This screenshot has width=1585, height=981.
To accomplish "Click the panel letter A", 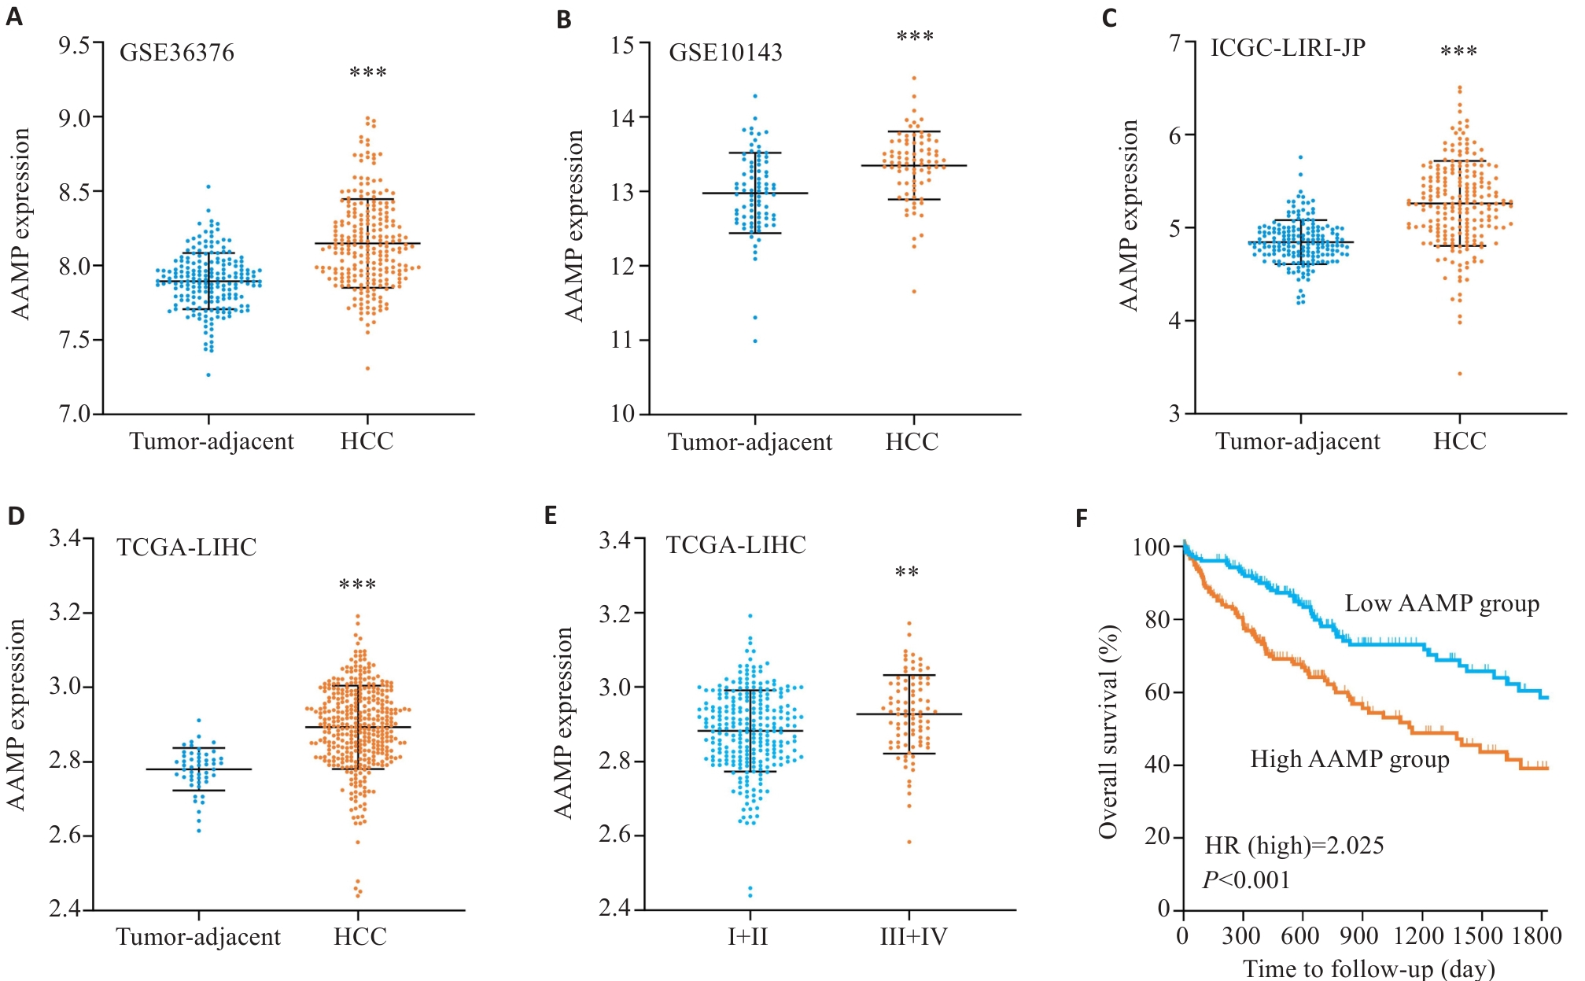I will (14, 17).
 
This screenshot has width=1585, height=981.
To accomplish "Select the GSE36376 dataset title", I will (177, 53).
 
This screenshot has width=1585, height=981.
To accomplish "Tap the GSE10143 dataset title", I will (725, 53).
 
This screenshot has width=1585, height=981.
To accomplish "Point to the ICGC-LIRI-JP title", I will (1288, 48).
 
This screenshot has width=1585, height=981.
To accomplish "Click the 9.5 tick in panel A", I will (74, 45).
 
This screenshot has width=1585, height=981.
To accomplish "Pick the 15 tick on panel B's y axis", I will (622, 45).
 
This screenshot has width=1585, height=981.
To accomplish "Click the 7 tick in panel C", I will (1175, 42).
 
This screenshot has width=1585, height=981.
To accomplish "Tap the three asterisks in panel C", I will (1458, 53).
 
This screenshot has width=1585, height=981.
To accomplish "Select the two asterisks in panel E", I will (907, 573).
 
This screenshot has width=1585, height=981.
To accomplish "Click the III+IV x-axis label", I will (913, 937).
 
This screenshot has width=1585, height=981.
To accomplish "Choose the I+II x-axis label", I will (748, 937).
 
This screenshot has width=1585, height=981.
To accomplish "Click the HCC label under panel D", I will (360, 937).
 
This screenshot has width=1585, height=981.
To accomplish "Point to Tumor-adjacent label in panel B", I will (750, 442).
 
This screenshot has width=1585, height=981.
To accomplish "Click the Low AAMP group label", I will (1442, 604).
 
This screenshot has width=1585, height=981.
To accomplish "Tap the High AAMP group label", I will (1350, 759).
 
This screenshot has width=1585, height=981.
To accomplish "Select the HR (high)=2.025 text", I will (1294, 846).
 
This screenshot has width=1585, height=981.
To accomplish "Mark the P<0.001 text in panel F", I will (1247, 880).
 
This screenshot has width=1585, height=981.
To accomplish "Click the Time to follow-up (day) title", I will (1369, 968).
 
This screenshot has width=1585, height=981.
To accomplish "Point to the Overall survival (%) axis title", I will (1108, 732).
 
